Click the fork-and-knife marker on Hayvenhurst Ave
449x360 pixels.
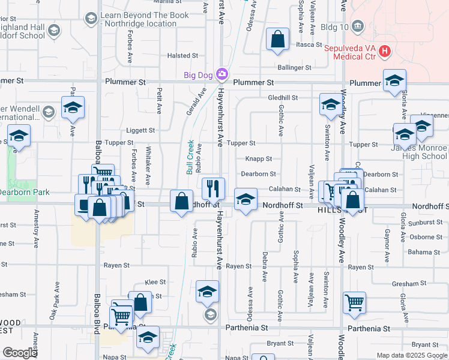(212, 188)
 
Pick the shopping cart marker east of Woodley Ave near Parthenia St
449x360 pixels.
(354, 302)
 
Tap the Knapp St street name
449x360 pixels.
(258, 159)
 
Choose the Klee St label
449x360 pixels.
(155, 281)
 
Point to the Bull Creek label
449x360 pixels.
(190, 157)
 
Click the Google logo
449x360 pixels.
(20, 353)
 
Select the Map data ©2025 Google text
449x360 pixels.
(412, 355)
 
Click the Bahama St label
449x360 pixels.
(420, 252)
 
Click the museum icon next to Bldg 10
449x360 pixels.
(358, 26)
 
